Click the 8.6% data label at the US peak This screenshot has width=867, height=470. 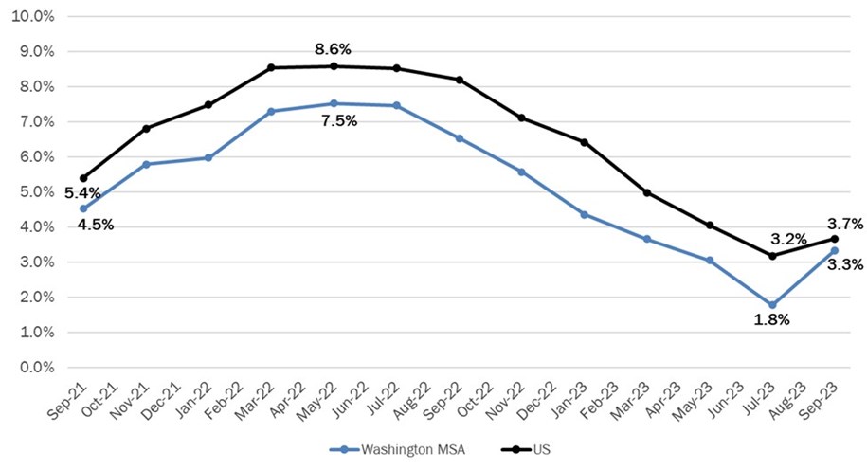[333, 48]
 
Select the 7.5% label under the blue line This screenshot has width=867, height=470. [333, 121]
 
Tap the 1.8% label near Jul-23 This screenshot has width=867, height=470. [772, 319]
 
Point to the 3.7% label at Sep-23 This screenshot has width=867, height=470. [845, 225]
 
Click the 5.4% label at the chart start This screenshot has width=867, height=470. [82, 193]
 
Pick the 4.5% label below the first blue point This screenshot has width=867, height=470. [82, 225]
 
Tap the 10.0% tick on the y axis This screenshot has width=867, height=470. [35, 17]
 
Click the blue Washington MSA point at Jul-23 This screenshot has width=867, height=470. [772, 305]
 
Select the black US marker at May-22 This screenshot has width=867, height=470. [334, 66]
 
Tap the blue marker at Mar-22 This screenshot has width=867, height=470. [271, 111]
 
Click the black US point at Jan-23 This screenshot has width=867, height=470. [585, 142]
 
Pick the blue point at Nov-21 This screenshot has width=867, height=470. [145, 164]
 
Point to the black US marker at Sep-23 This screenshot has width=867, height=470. [835, 239]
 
